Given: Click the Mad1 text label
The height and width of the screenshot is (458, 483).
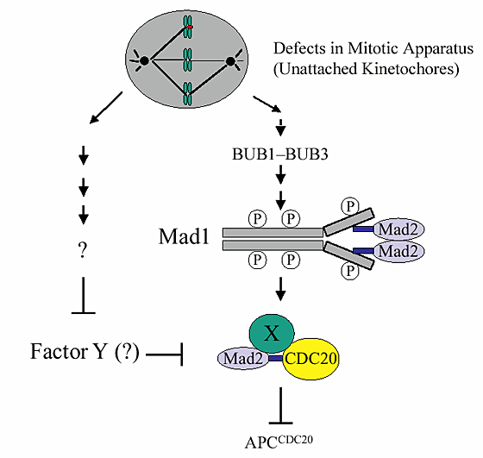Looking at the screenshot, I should point(184,235).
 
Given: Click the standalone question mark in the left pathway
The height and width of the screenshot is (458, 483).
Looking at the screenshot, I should point(83,249).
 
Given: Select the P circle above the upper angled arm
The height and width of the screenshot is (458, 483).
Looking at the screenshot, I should point(349,205).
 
